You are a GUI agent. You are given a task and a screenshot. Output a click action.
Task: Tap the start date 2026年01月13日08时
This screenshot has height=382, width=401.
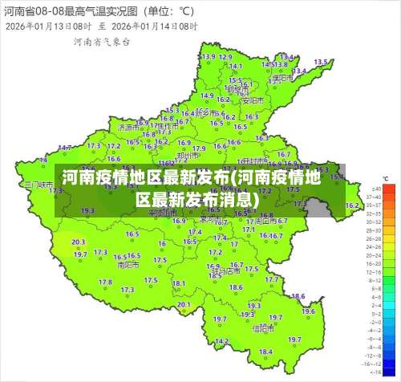pyautogui.click(x=47, y=26)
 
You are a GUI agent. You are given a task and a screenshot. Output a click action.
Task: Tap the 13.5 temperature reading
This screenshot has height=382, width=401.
pyautogui.click(x=321, y=62)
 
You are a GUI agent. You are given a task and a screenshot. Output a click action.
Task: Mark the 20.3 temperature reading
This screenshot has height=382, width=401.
pyautogui.click(x=78, y=242)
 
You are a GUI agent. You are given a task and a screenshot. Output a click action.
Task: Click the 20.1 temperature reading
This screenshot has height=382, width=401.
pyautogui.click(x=184, y=305)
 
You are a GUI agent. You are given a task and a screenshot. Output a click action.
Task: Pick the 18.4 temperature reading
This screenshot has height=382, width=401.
pyautogui.click(x=265, y=352)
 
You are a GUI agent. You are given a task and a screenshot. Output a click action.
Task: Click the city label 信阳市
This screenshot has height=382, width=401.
pyautogui.click(x=264, y=328)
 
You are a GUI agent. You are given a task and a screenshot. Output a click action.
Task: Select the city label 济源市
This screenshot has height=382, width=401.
pyautogui.click(x=128, y=128)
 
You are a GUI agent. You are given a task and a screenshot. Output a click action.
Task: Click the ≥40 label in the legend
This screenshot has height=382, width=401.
pyautogui.click(x=374, y=189)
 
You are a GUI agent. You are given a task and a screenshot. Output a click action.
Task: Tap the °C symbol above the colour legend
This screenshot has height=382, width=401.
pyautogui.click(x=387, y=178)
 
